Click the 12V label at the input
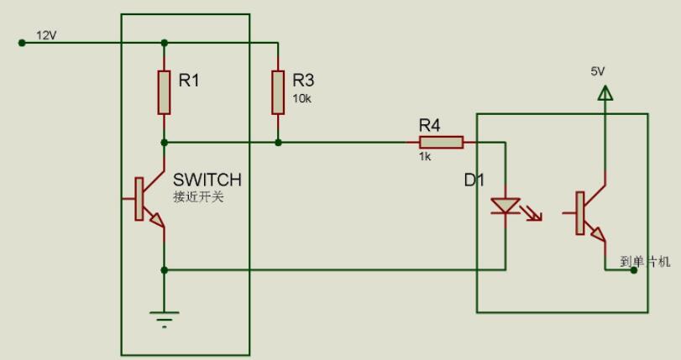tap(45, 34)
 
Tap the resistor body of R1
tap(165, 92)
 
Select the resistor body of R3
tap(278, 92)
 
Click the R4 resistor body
tap(442, 143)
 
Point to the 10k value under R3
tap(301, 98)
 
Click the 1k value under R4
tap(426, 156)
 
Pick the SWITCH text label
tap(207, 180)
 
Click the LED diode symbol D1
tap(505, 205)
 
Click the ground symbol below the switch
tap(165, 317)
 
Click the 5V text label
tap(598, 72)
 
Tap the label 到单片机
tap(646, 261)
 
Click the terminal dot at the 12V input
tap(22, 42)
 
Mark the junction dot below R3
tap(278, 143)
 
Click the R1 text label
tap(191, 81)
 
